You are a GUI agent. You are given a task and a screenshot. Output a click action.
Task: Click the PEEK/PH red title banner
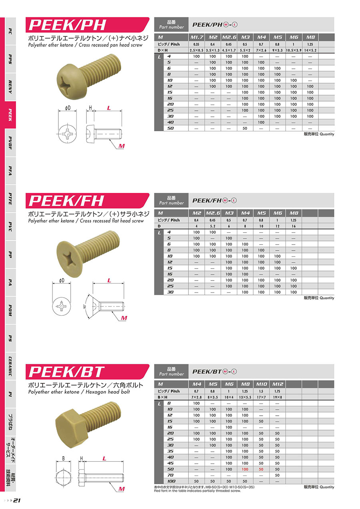tap(88, 25)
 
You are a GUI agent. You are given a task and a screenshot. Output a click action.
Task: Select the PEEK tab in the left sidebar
tap(10, 115)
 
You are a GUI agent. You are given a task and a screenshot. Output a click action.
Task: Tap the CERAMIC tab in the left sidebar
tap(10, 366)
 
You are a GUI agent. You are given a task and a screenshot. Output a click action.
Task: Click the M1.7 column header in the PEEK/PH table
tap(196, 37)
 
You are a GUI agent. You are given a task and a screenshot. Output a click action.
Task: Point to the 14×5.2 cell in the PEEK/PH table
tap(310, 50)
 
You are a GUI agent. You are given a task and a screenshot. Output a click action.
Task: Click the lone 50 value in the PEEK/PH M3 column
tap(245, 128)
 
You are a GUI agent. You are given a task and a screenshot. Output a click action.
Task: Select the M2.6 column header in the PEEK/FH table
tap(213, 213)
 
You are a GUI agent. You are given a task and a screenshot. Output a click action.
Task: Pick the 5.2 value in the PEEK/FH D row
tap(212, 226)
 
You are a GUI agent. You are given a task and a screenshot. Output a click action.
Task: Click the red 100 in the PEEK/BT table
tap(245, 469)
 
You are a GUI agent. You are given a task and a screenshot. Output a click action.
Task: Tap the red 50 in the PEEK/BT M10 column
tap(261, 469)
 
